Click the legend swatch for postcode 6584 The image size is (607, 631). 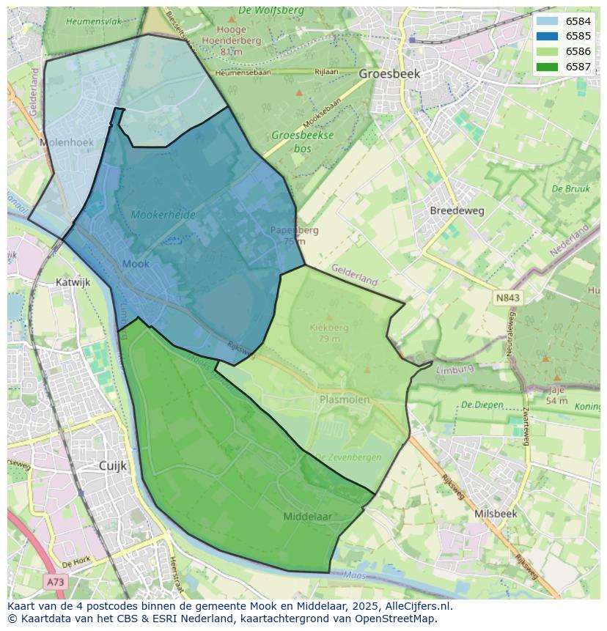pyautogui.click(x=547, y=21)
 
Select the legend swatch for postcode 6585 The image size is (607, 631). pyautogui.click(x=547, y=37)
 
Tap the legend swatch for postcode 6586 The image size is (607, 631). pyautogui.click(x=547, y=52)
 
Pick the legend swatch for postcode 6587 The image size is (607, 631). pyautogui.click(x=547, y=67)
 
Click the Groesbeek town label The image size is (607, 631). pyautogui.click(x=389, y=74)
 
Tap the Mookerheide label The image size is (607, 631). pyautogui.click(x=163, y=215)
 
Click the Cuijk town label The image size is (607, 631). pyautogui.click(x=113, y=465)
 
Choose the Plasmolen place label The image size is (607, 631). pyautogui.click(x=345, y=399)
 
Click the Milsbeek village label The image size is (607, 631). pyautogui.click(x=496, y=514)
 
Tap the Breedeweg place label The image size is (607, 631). pyautogui.click(x=457, y=210)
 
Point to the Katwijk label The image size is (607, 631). pyautogui.click(x=73, y=281)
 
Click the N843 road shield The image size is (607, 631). pyautogui.click(x=507, y=298)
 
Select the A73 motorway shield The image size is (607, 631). pyautogui.click(x=55, y=581)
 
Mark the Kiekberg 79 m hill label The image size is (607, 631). pyautogui.click(x=329, y=333)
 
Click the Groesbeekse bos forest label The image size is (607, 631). pyautogui.click(x=303, y=141)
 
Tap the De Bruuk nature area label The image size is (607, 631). pyautogui.click(x=570, y=188)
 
